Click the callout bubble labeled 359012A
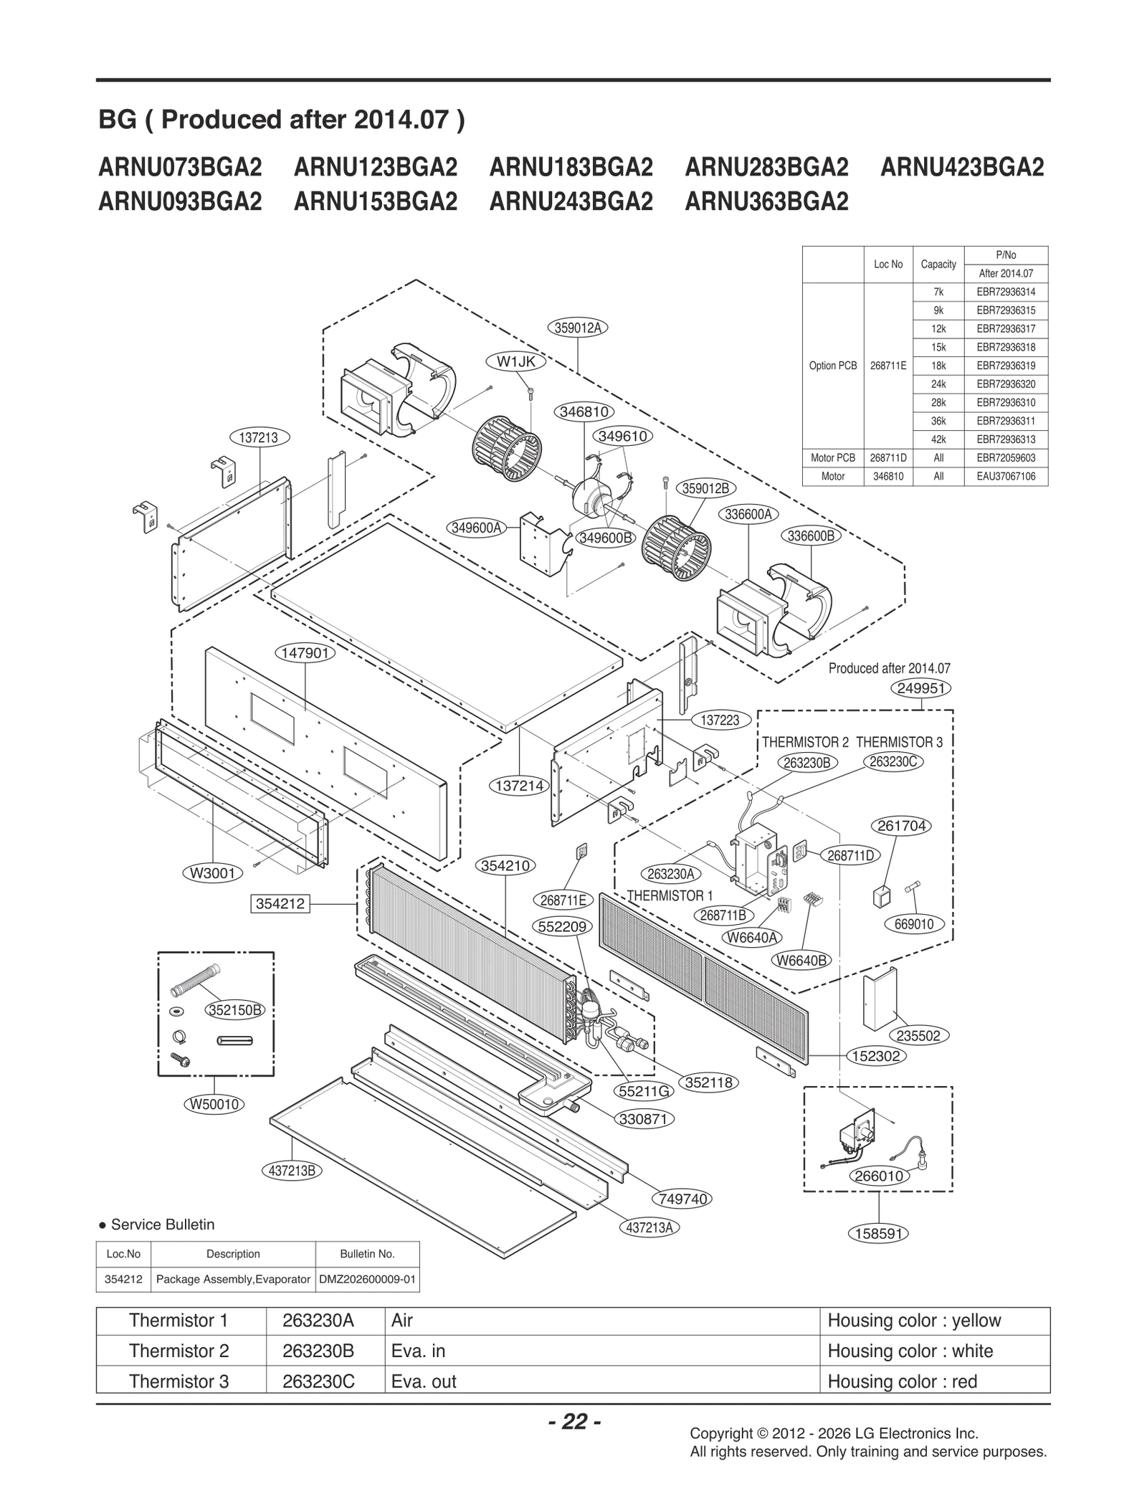coord(578,328)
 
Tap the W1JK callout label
coord(516,362)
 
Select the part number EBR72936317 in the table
coord(1006,329)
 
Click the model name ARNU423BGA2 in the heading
coord(961,168)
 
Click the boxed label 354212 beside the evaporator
coord(280,904)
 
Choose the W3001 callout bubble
coord(214,873)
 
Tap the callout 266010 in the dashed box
coord(879,1176)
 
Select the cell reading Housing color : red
coord(902,1381)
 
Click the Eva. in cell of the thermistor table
coord(419,1351)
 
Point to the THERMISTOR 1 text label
coord(670,895)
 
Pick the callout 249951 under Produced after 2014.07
coord(920,688)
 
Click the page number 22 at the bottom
coord(574,1422)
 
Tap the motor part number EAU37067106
coord(1006,476)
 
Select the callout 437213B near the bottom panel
coord(292,1171)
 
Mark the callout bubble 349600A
coord(476,528)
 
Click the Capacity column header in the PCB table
coord(938,265)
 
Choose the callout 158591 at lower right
coord(878,1234)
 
